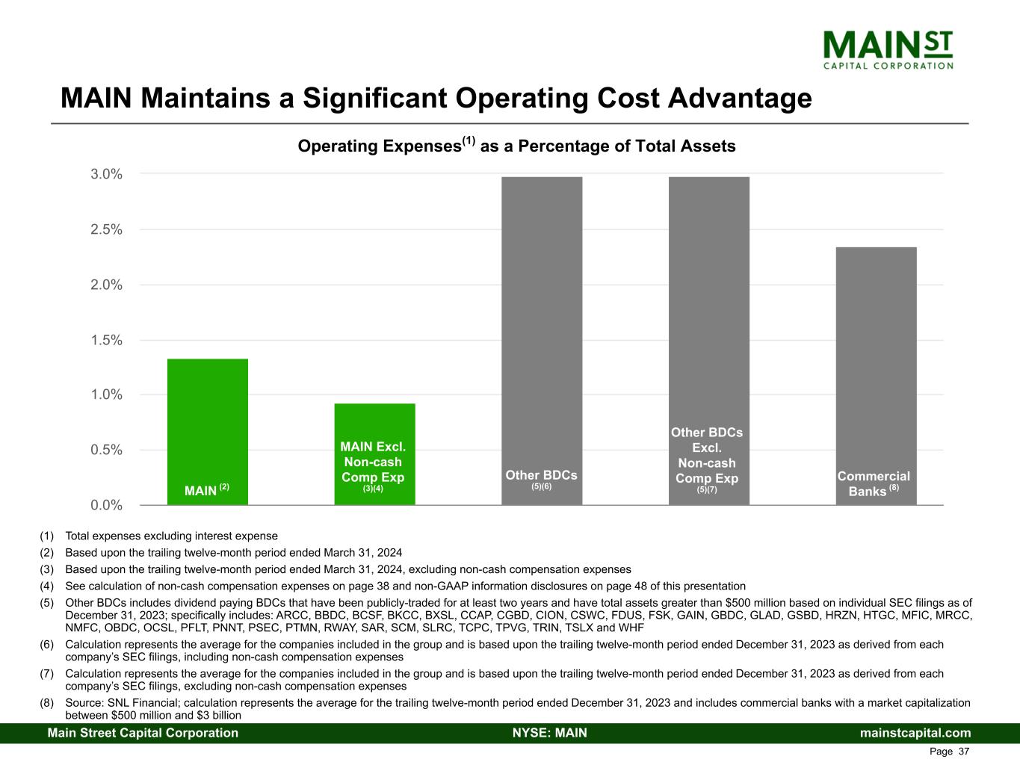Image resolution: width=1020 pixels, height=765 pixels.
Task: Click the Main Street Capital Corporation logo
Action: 888,49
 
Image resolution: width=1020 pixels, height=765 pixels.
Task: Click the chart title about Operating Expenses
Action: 516,146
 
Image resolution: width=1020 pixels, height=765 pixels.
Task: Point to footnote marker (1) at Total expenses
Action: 48,536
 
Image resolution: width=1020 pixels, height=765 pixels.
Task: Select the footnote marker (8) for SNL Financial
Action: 48,703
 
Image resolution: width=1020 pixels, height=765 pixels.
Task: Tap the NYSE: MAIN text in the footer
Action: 550,733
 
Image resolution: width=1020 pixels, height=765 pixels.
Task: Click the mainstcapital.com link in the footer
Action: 915,733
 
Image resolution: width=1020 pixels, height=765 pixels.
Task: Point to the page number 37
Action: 963,752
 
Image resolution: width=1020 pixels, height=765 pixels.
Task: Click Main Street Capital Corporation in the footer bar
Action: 143,733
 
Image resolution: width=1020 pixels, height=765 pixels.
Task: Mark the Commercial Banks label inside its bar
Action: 874,483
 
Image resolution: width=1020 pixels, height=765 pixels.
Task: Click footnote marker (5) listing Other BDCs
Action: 48,603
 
